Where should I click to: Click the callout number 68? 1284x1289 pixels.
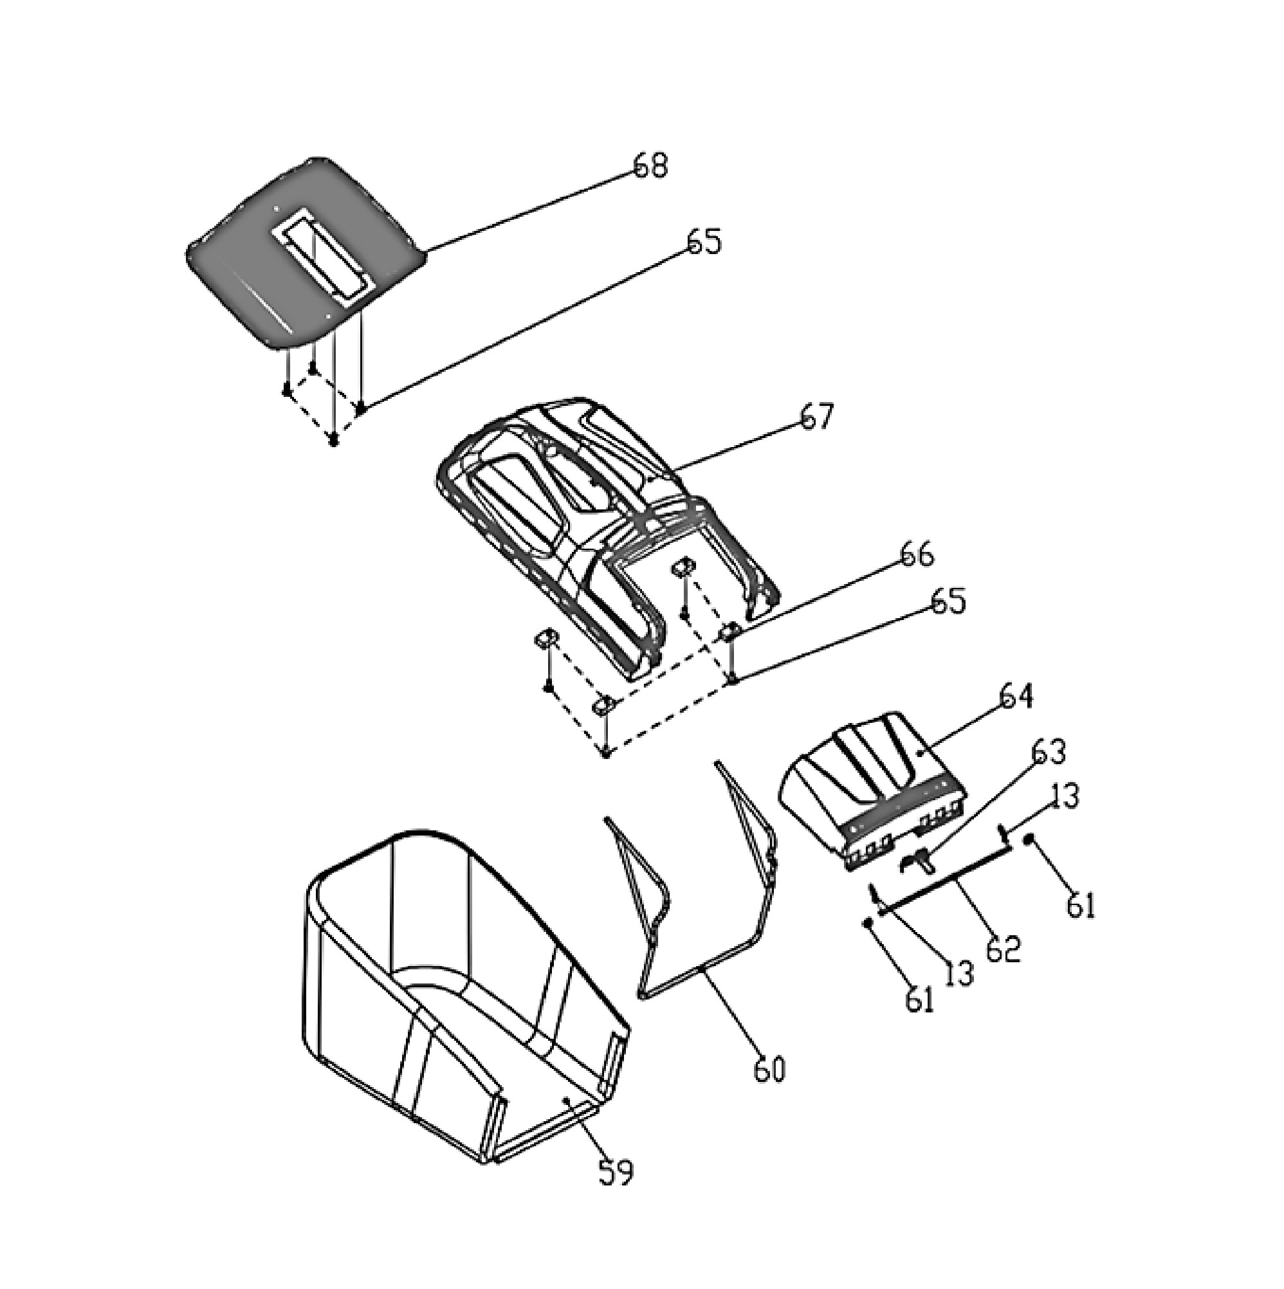[x=649, y=164]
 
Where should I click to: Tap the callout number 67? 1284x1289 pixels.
[x=817, y=417]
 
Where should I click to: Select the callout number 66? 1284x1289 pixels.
[x=916, y=554]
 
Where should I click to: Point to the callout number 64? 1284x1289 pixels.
[x=1016, y=697]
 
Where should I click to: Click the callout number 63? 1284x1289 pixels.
[x=1049, y=752]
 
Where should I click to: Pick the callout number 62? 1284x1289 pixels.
[x=1003, y=949]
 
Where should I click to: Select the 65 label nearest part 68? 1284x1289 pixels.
[x=704, y=241]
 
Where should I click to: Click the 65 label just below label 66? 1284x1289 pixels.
[x=948, y=602]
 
